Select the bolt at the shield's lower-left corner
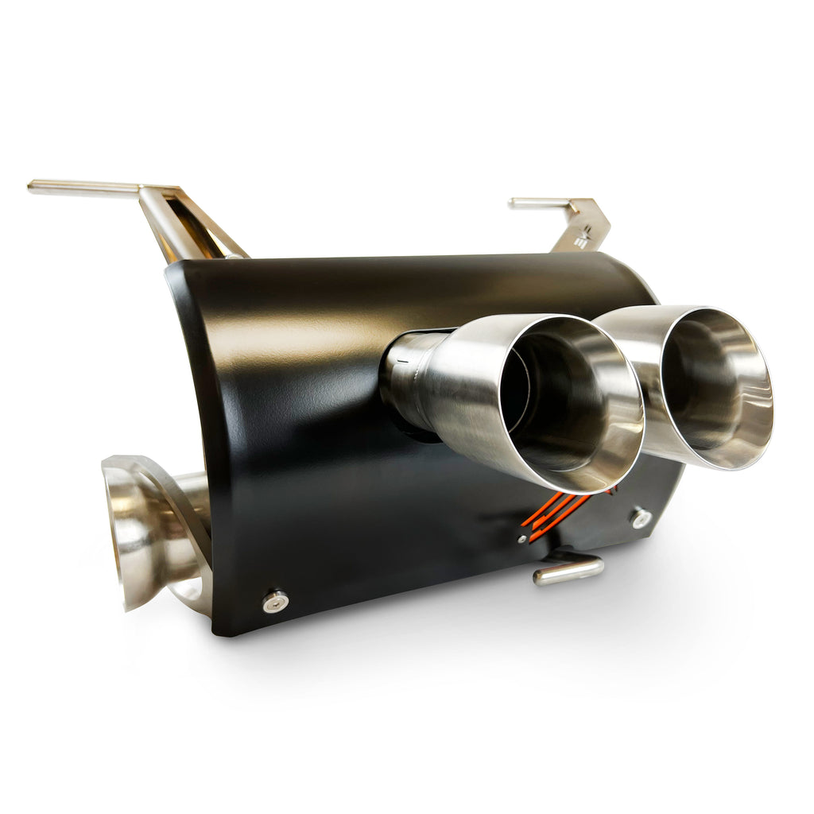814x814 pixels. (275, 601)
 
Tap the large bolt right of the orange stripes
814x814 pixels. (641, 517)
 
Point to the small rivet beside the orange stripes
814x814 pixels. (521, 538)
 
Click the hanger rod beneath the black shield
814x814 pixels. (568, 569)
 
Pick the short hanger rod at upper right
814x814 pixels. (541, 203)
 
